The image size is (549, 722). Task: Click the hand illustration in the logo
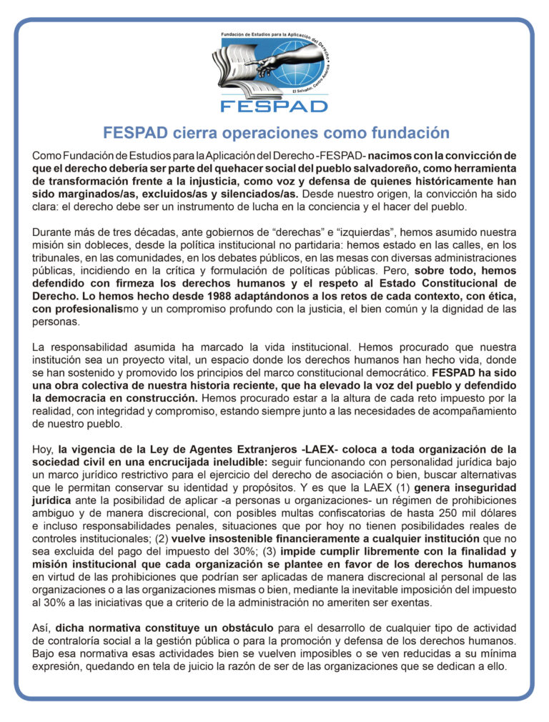point(286,61)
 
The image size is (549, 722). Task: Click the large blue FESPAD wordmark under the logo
point(274,105)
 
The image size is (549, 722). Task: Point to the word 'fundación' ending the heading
point(410,133)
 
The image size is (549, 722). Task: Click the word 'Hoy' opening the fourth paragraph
point(41,450)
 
